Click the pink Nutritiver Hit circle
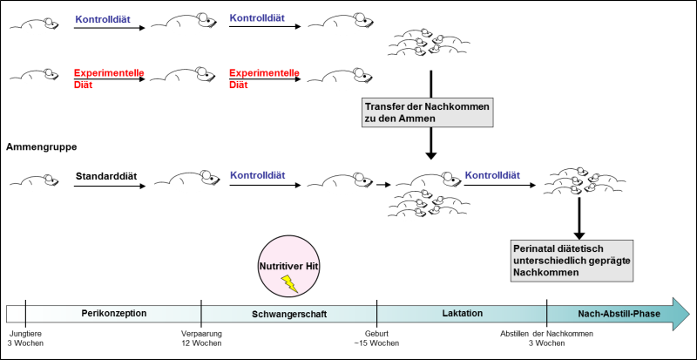coord(288,266)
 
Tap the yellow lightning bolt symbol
coord(289,283)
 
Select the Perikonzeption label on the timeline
coord(113,314)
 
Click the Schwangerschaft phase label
coord(289,314)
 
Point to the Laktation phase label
coord(462,314)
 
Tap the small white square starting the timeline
coord(16,314)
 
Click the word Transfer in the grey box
coord(384,106)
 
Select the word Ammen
coord(417,119)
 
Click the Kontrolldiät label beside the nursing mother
coord(492,175)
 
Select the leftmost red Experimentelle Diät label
coord(109,78)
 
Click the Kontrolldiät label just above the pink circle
coord(257,175)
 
